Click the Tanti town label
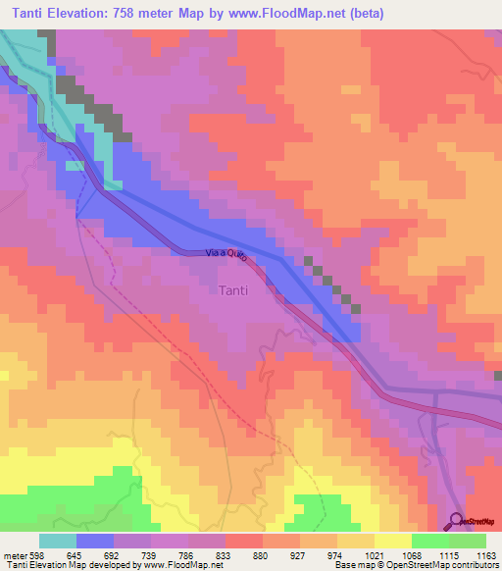coord(231,290)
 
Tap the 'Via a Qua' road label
coord(225,254)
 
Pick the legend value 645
coord(96,556)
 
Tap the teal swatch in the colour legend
coord(58,541)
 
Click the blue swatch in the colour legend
coord(95,541)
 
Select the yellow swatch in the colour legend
coord(393,541)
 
